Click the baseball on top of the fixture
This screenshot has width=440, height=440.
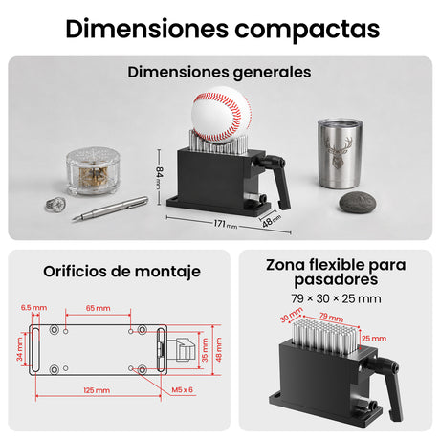coord(221,118)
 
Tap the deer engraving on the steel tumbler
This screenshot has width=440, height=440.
coord(339,152)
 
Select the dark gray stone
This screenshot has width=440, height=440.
coord(358,203)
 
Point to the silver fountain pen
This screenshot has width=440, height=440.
coord(110,209)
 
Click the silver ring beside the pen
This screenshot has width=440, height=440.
coord(55,205)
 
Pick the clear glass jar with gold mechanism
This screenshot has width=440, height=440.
coord(93,170)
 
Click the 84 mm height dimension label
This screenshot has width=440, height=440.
coord(160,177)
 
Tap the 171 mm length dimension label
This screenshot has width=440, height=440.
coord(226,224)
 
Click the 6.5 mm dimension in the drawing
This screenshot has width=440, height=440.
coord(33,308)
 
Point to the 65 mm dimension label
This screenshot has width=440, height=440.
coord(99,308)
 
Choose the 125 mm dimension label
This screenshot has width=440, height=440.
coord(97,390)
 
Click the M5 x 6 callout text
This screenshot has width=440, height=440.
coord(182,389)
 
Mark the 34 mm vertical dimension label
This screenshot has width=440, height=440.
coord(20,349)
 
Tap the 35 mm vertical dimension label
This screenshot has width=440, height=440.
coord(205,350)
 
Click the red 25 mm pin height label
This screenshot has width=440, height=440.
coord(374,339)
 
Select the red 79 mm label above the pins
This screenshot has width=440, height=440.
coord(332,317)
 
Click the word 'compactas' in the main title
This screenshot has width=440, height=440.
coord(307,30)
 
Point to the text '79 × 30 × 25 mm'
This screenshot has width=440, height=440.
coord(336,298)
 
